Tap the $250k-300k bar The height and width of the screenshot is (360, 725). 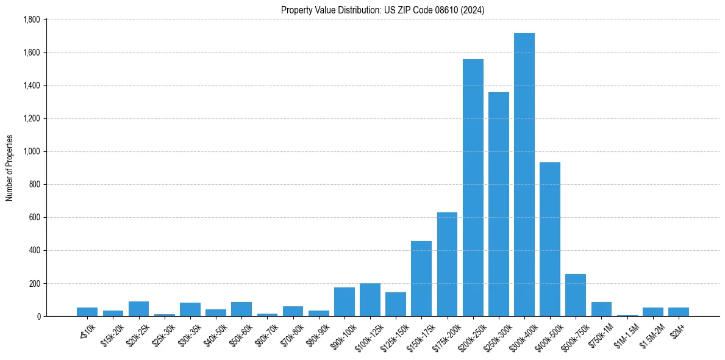[499, 204]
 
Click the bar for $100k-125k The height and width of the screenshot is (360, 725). [370, 300]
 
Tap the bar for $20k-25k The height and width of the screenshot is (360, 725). [138, 309]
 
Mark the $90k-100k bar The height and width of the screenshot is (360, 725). [345, 302]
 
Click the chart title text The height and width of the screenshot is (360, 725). [383, 10]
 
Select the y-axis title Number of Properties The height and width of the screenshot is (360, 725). [9, 168]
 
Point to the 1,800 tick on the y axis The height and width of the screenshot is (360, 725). [31, 20]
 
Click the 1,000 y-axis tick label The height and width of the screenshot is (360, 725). [31, 151]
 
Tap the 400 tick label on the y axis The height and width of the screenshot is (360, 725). [35, 250]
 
